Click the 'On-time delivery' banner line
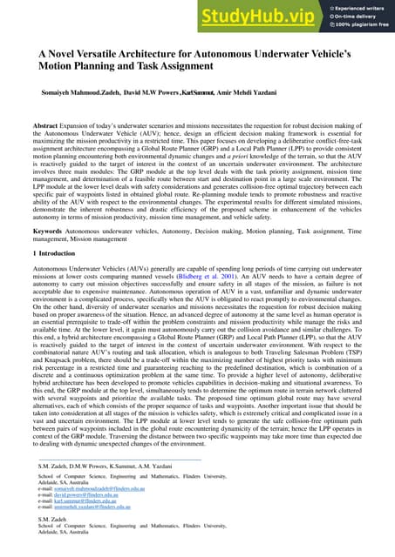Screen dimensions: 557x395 (x=352, y=16)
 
